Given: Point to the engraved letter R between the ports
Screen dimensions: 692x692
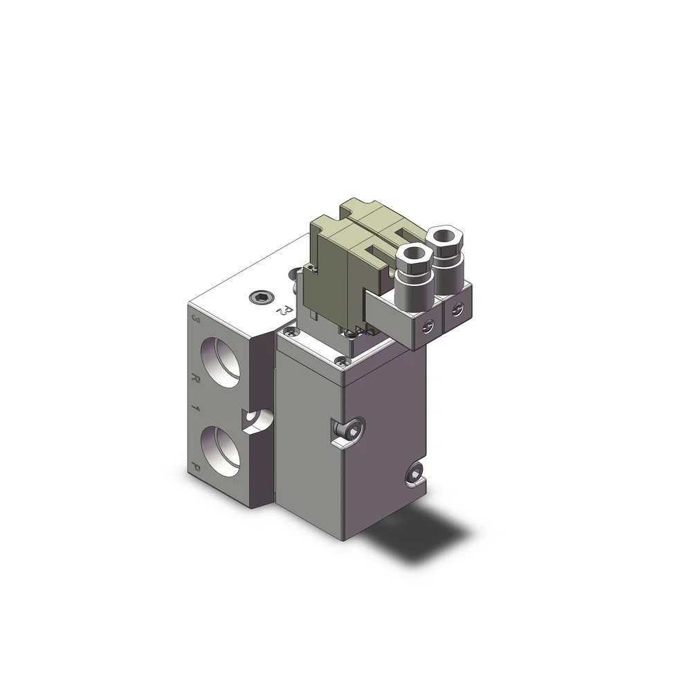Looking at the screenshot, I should coord(196,379).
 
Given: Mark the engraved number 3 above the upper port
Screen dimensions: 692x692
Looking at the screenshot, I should coord(196,321).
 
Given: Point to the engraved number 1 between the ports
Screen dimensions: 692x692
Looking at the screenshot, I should coord(196,410).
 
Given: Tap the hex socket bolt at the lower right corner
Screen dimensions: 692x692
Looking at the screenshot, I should coord(416,474).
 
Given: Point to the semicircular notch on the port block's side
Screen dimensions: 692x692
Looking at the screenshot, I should coord(255,419).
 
